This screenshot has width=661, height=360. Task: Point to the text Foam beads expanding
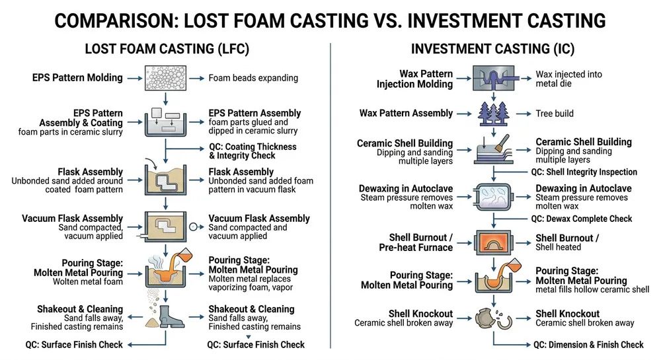(253, 78)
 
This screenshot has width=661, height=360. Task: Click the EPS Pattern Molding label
(77, 78)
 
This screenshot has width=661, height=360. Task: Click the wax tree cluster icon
(492, 112)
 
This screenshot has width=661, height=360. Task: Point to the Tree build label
(554, 114)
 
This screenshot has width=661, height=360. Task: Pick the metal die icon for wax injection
(492, 78)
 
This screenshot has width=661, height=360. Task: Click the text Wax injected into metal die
(568, 79)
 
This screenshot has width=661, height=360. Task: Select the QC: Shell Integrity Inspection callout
(584, 172)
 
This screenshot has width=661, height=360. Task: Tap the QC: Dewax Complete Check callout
(582, 219)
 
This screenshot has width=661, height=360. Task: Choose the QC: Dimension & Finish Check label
(588, 344)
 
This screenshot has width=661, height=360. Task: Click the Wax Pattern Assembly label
(406, 113)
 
